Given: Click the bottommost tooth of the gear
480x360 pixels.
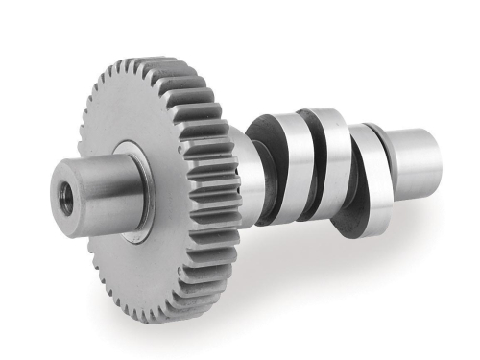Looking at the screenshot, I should point(173,317).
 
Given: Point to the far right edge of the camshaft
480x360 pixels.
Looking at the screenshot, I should point(440,158).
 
